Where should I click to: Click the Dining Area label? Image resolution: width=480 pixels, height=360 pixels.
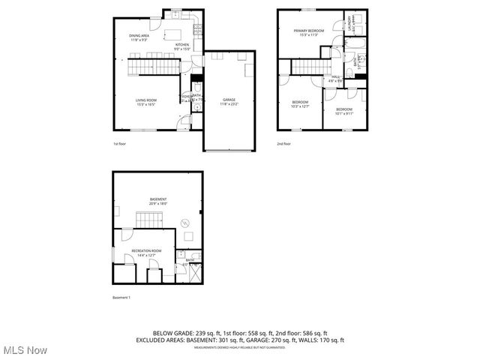tap(139, 37)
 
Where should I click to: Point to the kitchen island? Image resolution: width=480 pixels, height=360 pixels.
tap(175, 34)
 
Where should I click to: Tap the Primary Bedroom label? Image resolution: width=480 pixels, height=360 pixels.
tap(308, 31)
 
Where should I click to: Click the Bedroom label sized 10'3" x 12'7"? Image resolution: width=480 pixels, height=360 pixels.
tap(300, 103)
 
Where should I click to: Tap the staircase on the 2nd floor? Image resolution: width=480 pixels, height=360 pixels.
tap(306, 68)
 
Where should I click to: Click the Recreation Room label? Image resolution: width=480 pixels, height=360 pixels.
tap(146, 253)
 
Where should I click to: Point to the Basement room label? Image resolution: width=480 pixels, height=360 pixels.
tap(157, 200)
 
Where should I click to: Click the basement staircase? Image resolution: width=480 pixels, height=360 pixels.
tap(148, 220)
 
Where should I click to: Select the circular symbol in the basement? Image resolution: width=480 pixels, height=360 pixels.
tap(185, 222)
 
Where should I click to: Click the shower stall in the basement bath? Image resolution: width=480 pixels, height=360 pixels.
tap(195, 273)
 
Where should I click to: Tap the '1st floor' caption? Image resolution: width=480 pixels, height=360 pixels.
tap(119, 143)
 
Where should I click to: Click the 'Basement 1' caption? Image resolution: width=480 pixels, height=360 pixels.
tap(121, 298)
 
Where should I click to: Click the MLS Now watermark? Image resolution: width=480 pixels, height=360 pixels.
tap(24, 350)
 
